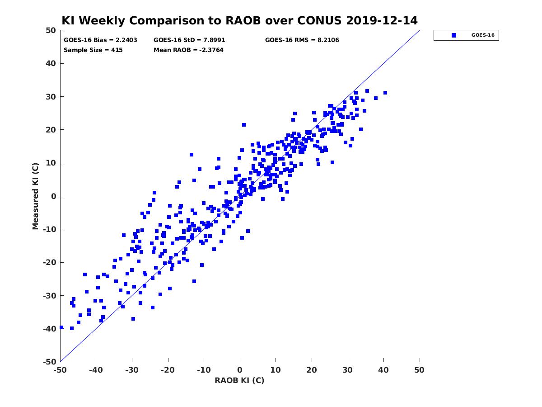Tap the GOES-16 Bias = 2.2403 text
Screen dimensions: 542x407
[100, 40]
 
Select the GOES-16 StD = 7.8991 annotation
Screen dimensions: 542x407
[189, 40]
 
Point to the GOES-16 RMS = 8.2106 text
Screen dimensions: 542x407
[302, 40]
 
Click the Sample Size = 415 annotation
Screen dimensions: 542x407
[93, 50]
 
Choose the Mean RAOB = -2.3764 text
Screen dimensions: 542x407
[188, 50]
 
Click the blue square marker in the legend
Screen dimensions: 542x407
[453, 35]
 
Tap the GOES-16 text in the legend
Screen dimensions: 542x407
[483, 35]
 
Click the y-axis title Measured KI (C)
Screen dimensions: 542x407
[35, 196]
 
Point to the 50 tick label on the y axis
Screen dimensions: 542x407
[51, 30]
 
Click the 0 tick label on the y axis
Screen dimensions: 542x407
[54, 196]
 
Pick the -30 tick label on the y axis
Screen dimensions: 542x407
[50, 296]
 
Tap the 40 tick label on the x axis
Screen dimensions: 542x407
[383, 370]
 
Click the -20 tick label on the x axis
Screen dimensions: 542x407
[168, 370]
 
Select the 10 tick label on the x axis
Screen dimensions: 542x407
[276, 370]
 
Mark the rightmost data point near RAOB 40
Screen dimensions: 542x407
[385, 93]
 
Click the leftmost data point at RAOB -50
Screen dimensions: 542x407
[61, 327]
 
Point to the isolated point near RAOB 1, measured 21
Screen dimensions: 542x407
[244, 125]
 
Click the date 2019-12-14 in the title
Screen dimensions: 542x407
[382, 21]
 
